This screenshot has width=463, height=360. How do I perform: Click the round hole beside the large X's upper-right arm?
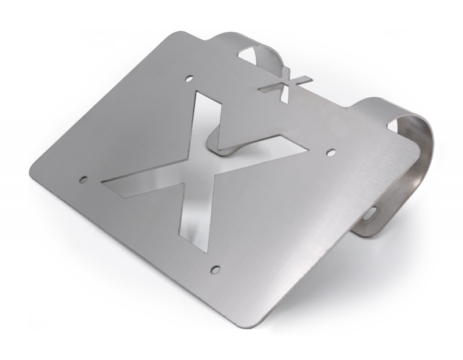tap(331, 152)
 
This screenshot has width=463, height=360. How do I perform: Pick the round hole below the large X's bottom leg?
tap(215, 269)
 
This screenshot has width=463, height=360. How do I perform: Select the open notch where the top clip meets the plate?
tap(246, 55)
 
